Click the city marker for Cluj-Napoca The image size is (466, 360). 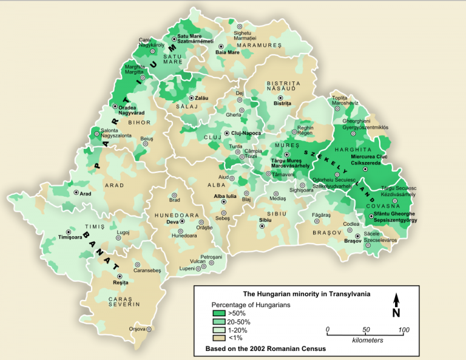coord(227,133)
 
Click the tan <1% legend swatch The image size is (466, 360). coord(219,338)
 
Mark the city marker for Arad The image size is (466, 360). coord(75,192)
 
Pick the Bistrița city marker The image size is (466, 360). coord(280,97)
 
